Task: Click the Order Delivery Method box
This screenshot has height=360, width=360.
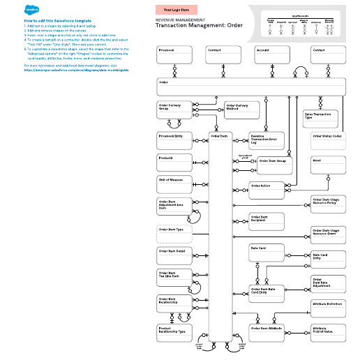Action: click(241, 110)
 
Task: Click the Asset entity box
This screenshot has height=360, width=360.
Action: click(329, 164)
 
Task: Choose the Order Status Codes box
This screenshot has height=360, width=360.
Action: click(329, 140)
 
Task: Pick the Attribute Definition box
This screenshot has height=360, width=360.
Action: click(329, 308)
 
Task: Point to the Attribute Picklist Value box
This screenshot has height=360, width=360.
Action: click(329, 331)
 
